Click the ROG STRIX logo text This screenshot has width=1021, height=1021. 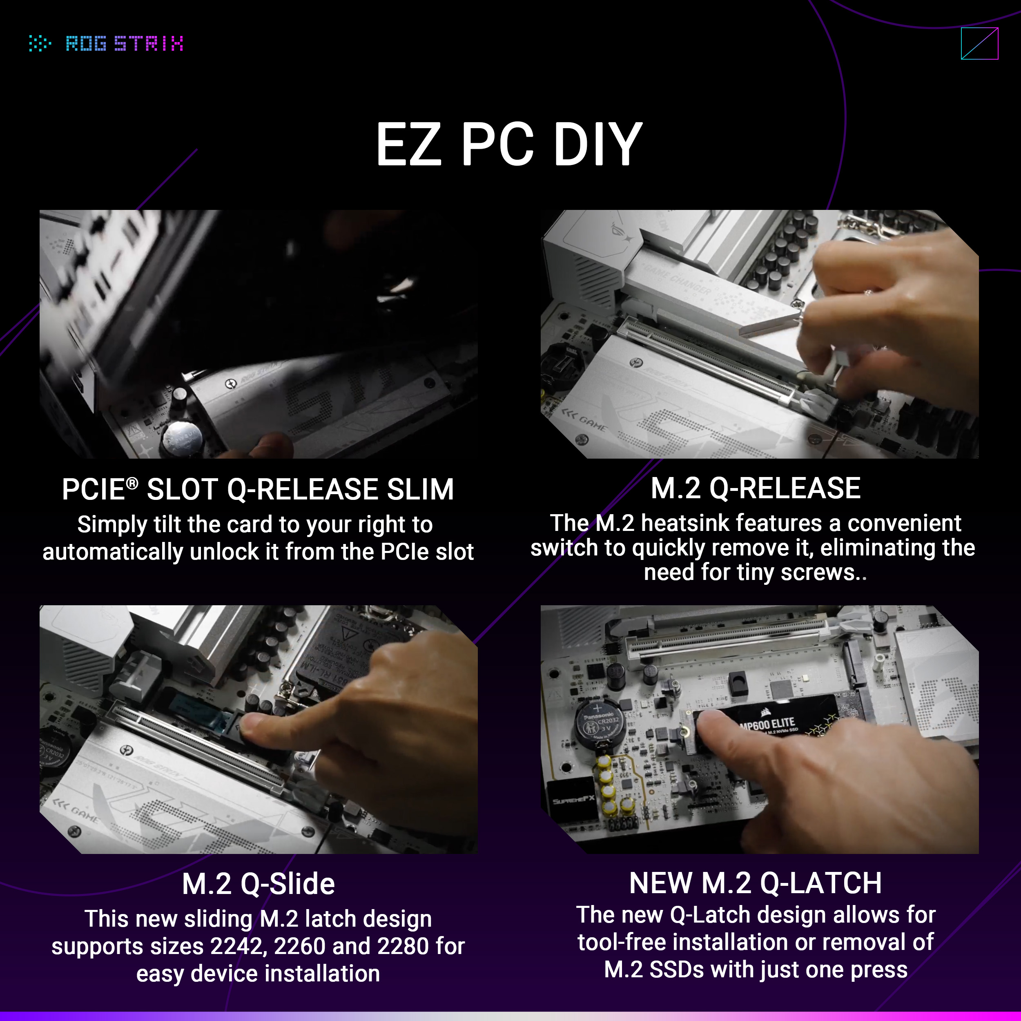(x=124, y=43)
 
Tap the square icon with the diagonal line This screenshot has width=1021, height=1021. (x=979, y=43)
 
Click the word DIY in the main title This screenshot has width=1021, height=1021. (x=597, y=144)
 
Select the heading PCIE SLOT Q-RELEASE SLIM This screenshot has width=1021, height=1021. (x=258, y=489)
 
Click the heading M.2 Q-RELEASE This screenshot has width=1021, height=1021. (x=755, y=488)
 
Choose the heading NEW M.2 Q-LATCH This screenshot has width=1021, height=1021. (x=755, y=883)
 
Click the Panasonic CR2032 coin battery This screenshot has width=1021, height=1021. (x=600, y=725)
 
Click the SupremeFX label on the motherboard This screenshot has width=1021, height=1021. (x=573, y=800)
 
